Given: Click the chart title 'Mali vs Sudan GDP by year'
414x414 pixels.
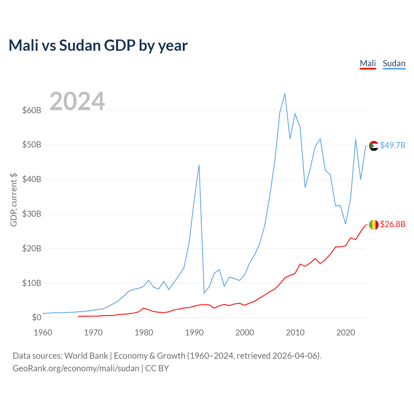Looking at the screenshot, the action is tap(98, 46).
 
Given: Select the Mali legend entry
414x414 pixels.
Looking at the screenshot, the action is tap(368, 64).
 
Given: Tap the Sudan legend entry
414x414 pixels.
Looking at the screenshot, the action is tap(394, 64).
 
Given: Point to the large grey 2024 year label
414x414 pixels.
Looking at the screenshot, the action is tap(77, 101).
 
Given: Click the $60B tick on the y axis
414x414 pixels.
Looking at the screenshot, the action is tap(32, 110).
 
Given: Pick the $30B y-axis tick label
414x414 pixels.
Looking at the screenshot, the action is tap(32, 214).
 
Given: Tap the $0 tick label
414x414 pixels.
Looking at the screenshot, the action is tap(37, 317).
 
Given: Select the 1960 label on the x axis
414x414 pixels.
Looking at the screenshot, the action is tap(43, 332).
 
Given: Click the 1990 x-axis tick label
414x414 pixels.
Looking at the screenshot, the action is tap(194, 332).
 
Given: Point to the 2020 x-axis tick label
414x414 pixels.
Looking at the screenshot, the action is tap(346, 332).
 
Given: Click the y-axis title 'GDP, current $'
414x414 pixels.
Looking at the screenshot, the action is tap(14, 200).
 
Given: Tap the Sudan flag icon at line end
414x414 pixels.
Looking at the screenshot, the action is tap(374, 146).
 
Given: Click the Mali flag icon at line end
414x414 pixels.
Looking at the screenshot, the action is tap(374, 225).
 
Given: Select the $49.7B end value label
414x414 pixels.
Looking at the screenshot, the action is tap(393, 146).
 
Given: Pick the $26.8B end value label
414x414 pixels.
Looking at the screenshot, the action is tap(393, 224).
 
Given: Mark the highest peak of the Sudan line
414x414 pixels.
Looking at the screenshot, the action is tap(285, 94).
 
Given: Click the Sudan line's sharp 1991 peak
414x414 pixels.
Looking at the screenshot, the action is tap(199, 165).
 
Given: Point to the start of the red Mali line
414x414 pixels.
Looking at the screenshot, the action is tap(78, 316).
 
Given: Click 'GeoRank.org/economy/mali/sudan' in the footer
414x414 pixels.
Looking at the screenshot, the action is tap(76, 368).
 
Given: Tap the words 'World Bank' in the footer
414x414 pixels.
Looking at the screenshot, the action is tap(86, 356).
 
